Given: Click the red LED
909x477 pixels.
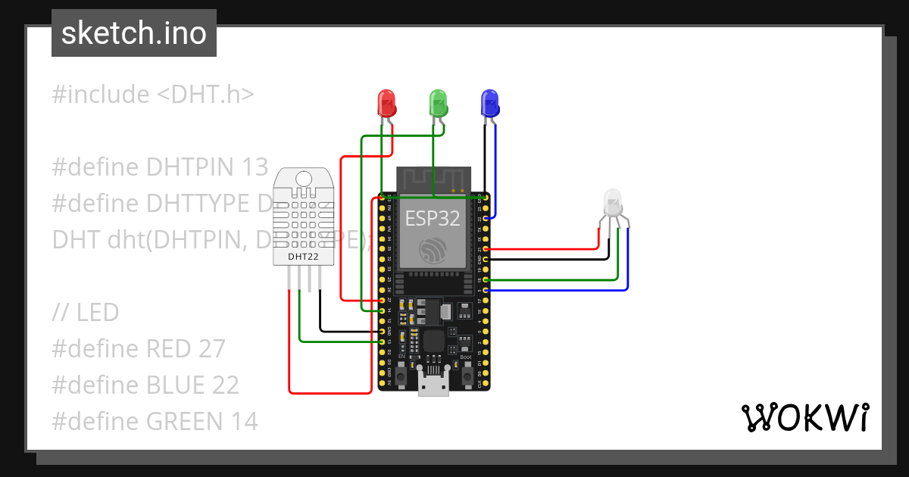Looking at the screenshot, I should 386,102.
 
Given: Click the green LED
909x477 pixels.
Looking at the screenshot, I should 438,102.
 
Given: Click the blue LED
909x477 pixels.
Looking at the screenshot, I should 489,102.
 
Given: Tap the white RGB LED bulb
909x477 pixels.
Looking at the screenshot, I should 613,201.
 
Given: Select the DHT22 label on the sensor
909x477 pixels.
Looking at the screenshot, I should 303,257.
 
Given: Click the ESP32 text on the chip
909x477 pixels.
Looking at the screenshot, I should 433,218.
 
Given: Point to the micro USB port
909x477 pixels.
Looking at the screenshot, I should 433,382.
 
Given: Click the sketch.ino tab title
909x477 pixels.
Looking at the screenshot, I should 134,33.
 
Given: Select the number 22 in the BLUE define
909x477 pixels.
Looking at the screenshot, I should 223,385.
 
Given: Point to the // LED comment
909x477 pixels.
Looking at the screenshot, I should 86,312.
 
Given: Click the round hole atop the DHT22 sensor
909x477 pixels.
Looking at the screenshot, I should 303,178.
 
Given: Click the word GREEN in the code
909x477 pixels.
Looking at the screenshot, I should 186,421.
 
